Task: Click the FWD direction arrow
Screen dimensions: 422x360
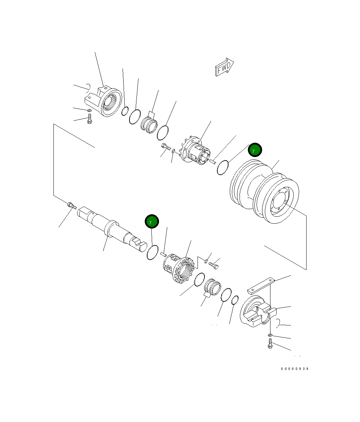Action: coord(224,67)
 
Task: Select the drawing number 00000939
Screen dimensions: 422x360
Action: coord(295,369)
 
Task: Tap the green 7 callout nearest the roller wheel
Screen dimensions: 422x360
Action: coord(255,150)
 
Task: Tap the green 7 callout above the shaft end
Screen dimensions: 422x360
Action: coord(151,222)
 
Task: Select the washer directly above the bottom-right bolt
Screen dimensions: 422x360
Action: coord(270,335)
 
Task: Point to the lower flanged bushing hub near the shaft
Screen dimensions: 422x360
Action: coord(178,269)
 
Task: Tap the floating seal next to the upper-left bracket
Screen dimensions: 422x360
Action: coord(149,123)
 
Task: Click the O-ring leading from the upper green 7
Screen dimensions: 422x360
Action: coord(222,167)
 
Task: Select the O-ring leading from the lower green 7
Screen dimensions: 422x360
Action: coord(152,252)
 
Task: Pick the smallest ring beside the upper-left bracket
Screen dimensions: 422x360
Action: coord(125,111)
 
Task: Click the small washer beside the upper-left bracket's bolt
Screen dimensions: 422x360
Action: coord(89,111)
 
